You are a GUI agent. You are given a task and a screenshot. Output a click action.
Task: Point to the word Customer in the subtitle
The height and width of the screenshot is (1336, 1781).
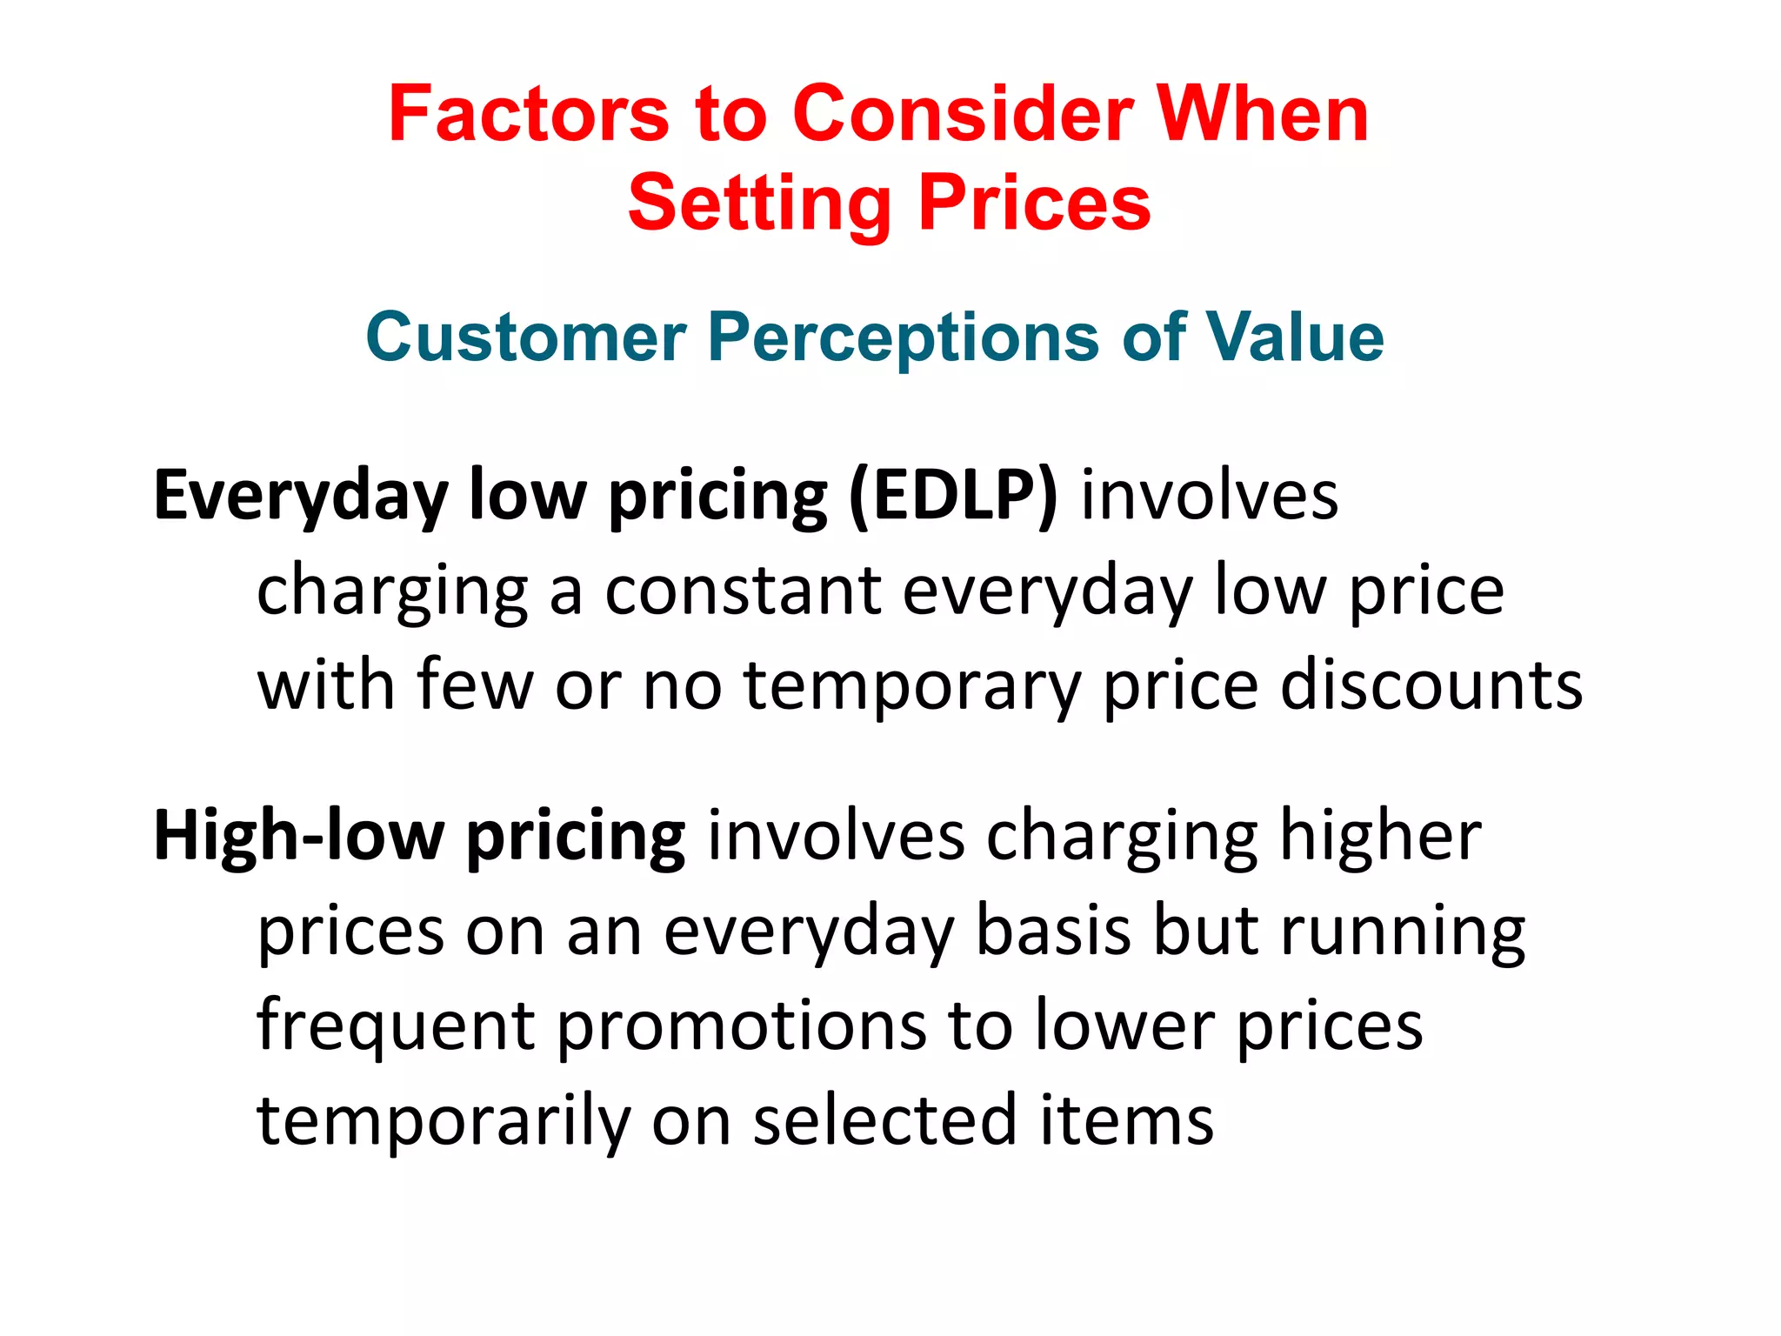(x=526, y=337)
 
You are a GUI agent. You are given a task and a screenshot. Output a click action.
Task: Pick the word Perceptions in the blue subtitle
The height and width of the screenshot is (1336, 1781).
(x=904, y=337)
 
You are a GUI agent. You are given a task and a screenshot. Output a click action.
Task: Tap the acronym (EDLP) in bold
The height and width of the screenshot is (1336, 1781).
(x=953, y=496)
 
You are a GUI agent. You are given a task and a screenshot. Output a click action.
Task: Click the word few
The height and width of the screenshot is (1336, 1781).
(x=475, y=685)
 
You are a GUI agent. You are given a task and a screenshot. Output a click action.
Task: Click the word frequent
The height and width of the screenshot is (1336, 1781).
(x=396, y=1026)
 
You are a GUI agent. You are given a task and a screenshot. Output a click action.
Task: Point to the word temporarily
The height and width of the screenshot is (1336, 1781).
(x=444, y=1122)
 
